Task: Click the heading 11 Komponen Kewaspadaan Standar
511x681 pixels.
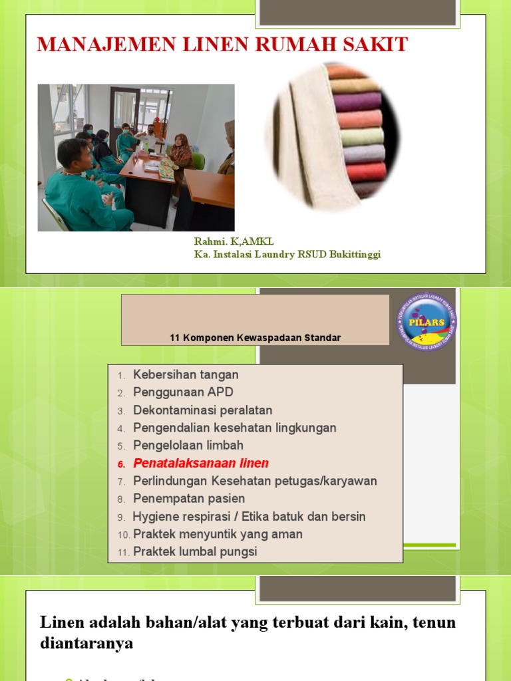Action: click(x=255, y=338)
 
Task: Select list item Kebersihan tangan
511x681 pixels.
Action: click(x=186, y=375)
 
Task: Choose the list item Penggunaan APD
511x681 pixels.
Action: click(x=183, y=392)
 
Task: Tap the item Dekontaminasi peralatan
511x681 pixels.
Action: click(x=202, y=410)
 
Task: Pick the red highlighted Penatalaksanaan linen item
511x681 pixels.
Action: click(x=201, y=464)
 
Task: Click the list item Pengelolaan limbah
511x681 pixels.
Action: click(x=188, y=446)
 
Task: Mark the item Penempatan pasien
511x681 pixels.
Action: click(x=189, y=499)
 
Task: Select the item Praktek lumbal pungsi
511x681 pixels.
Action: click(x=195, y=552)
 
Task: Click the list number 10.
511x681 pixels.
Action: click(x=124, y=535)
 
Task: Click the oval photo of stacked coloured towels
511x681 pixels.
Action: click(x=333, y=137)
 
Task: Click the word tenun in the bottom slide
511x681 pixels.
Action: click(x=434, y=622)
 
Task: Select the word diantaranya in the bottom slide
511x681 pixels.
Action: click(x=86, y=643)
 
